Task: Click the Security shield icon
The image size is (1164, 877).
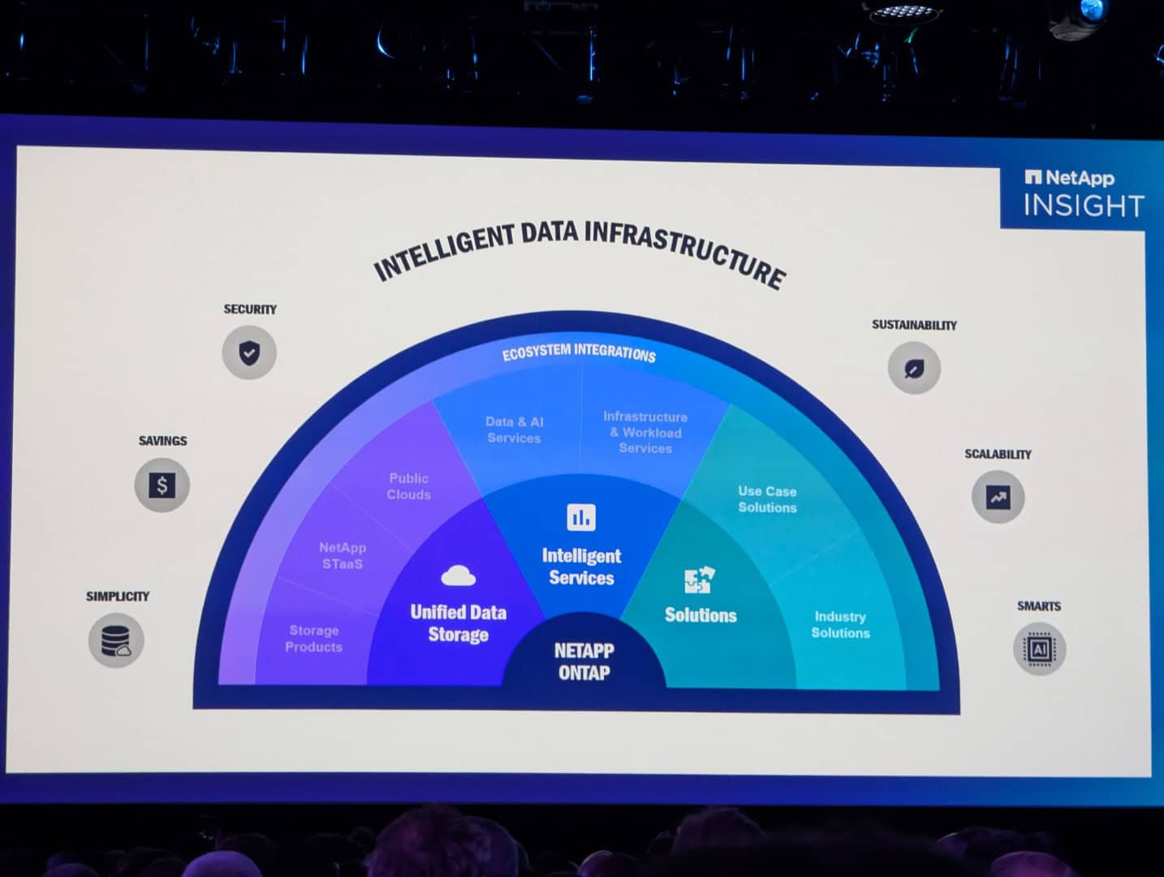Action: tap(249, 352)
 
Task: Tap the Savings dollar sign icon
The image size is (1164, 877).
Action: tap(162, 485)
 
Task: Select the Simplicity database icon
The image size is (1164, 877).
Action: tap(116, 640)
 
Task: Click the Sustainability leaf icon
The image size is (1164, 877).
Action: tap(914, 368)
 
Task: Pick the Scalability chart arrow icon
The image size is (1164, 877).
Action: tap(998, 497)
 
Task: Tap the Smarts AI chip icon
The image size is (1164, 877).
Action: tap(1039, 648)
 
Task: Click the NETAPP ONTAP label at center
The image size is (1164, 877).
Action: tap(584, 662)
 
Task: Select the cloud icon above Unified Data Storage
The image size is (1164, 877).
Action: tap(458, 576)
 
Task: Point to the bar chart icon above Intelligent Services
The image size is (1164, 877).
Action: tap(581, 517)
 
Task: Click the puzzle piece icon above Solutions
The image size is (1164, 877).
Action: tap(700, 579)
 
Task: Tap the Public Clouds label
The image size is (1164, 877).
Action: tap(408, 486)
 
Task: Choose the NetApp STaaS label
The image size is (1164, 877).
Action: tap(343, 555)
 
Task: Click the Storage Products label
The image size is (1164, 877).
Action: tap(314, 639)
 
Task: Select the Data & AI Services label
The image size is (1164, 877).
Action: tap(515, 430)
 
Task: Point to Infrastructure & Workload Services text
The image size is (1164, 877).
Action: tap(645, 432)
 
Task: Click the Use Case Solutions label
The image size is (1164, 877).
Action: tap(767, 499)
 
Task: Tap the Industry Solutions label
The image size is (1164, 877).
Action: tap(840, 624)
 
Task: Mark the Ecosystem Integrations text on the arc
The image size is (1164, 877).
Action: tap(579, 352)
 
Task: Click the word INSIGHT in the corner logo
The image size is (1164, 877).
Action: tap(1084, 205)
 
